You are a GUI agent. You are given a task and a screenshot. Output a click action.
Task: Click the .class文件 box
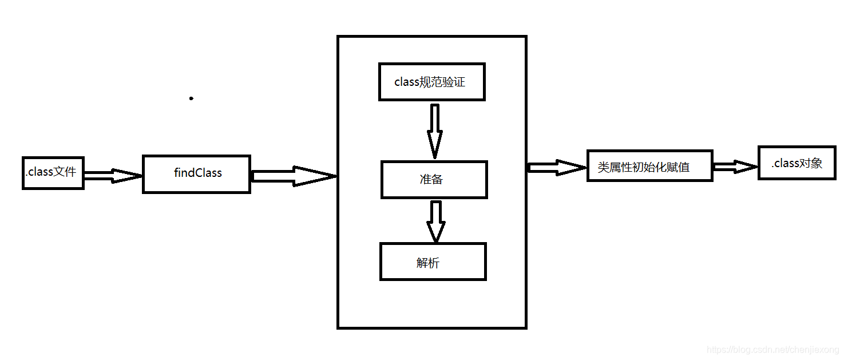click(x=53, y=173)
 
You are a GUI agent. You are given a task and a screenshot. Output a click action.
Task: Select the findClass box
click(x=196, y=174)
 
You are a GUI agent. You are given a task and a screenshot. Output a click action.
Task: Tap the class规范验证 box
click(x=432, y=82)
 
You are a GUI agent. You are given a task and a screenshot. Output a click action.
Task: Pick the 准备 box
click(x=434, y=180)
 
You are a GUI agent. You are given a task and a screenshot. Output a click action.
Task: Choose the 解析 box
click(x=433, y=262)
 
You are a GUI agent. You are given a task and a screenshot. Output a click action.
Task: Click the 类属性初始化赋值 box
click(x=649, y=166)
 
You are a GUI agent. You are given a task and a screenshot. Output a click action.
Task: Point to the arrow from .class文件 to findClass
click(x=113, y=176)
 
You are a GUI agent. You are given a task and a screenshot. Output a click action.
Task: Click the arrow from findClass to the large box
click(x=293, y=176)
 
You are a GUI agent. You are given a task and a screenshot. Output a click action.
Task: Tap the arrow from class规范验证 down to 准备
click(x=435, y=130)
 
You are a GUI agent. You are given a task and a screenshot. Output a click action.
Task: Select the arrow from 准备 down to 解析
click(x=435, y=221)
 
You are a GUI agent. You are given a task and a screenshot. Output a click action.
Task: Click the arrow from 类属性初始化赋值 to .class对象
click(x=735, y=167)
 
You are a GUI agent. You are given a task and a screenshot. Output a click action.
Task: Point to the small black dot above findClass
click(x=191, y=98)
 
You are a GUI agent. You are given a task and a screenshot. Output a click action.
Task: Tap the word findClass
click(x=198, y=173)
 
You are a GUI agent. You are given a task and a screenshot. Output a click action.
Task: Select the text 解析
click(x=428, y=263)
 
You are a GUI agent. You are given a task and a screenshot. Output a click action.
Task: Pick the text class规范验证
click(x=430, y=82)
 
